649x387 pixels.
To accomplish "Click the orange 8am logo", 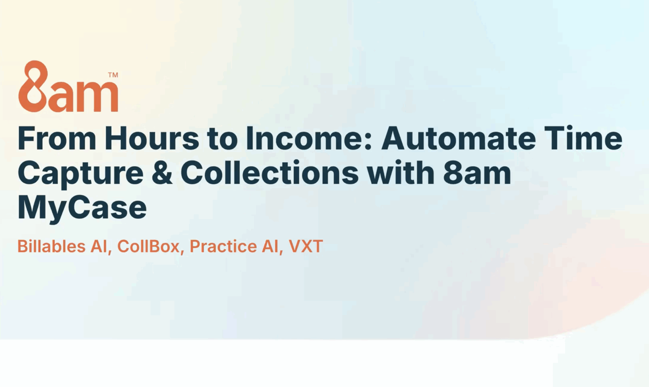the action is click(x=68, y=86).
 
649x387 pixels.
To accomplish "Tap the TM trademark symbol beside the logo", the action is click(x=113, y=75).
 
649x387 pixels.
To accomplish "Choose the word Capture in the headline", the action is click(x=81, y=174).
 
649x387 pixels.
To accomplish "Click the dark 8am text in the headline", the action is click(x=477, y=173).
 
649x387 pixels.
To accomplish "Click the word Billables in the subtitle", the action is click(x=51, y=246).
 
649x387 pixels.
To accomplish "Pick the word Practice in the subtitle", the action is click(x=223, y=246).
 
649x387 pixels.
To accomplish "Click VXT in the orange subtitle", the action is click(x=306, y=246).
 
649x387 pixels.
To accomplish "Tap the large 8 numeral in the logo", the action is click(x=33, y=86).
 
